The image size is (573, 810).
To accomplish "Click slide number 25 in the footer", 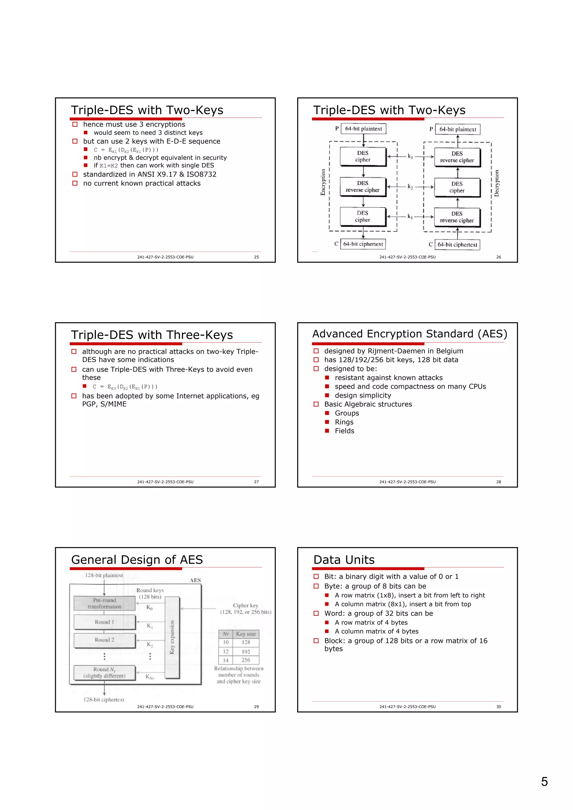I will click(256, 257).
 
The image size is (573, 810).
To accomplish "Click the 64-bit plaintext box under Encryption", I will click(363, 129).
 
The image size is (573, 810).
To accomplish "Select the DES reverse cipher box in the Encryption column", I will click(363, 187).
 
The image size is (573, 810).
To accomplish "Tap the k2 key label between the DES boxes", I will click(410, 187).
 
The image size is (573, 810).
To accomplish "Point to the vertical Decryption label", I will click(496, 183).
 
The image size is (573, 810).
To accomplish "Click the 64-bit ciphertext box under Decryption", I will click(457, 245).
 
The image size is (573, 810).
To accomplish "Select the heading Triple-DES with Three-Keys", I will click(152, 335).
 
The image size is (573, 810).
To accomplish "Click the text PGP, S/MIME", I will click(104, 404).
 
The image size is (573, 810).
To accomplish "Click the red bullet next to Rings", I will click(327, 422).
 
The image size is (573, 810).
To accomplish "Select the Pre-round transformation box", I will click(105, 603).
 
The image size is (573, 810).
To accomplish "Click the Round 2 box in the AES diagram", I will click(105, 640).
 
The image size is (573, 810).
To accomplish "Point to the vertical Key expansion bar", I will click(172, 637).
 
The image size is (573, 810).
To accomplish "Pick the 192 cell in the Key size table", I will click(246, 652).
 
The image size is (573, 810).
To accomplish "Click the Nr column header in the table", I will click(226, 634).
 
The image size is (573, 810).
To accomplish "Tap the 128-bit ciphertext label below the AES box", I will click(104, 700).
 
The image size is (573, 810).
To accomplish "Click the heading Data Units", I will click(344, 560).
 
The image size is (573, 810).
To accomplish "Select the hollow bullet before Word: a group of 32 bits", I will click(316, 614).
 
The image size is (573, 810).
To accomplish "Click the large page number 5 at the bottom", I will click(544, 782).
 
